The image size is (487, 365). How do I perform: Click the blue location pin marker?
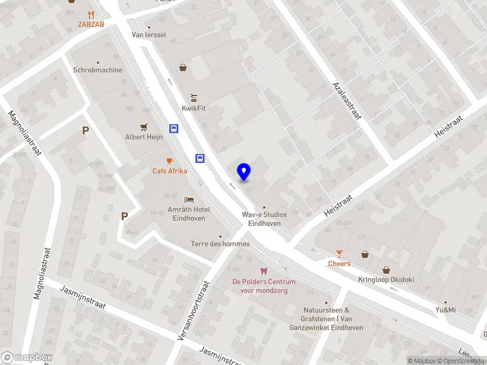(x=243, y=172)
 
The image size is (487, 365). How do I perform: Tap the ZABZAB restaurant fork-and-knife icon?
(x=91, y=14)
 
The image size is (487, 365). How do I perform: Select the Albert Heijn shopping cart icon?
(x=144, y=127)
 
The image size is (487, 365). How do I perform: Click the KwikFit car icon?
(x=194, y=97)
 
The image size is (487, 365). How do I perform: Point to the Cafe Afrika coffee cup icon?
(x=170, y=161)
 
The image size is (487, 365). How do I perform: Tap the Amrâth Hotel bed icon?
(x=189, y=200)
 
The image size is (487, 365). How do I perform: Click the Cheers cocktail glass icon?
(x=340, y=253)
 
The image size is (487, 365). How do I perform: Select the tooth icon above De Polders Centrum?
(x=264, y=271)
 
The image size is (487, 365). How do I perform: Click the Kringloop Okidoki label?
(x=385, y=280)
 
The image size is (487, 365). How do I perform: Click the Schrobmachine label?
(x=97, y=70)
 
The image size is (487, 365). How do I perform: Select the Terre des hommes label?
(x=220, y=244)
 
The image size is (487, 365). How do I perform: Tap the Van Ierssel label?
(x=149, y=35)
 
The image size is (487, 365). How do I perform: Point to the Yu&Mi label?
(x=446, y=310)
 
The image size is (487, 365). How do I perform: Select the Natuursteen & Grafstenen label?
(x=333, y=319)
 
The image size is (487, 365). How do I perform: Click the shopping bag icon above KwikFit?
(x=182, y=68)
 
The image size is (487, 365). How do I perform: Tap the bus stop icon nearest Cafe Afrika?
(x=200, y=158)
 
